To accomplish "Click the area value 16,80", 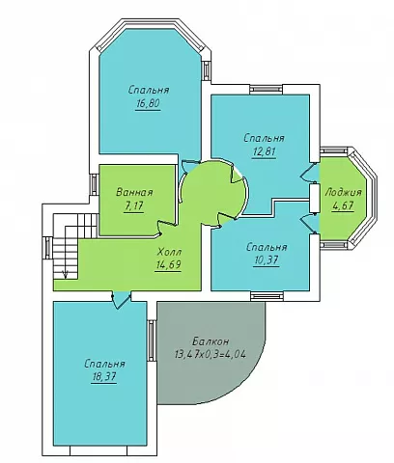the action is coord(148,104).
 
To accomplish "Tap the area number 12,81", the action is coord(264,151).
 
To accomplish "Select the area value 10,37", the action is coord(267,260).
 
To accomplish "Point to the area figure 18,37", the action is coord(104,376).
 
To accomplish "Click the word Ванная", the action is coord(134,193).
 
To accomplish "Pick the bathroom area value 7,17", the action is coord(133,206).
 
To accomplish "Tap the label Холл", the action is coord(169,251).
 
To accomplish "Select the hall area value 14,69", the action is coord(168,264).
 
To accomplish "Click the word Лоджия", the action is coord(344,193).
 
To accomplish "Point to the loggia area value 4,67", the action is coord(343,205).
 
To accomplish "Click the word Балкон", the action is coord(211,340).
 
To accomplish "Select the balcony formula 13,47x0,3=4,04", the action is coord(211,354).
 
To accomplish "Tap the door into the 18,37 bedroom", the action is coord(122,300).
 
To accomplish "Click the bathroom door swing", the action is coord(166,228).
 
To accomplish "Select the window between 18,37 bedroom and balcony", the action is coord(152,340).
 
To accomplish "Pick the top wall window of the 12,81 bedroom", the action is coord(266,89).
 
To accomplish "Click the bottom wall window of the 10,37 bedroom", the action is coord(267,296).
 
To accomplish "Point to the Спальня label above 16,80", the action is coord(149,90).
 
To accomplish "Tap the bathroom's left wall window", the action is coord(94,184).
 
